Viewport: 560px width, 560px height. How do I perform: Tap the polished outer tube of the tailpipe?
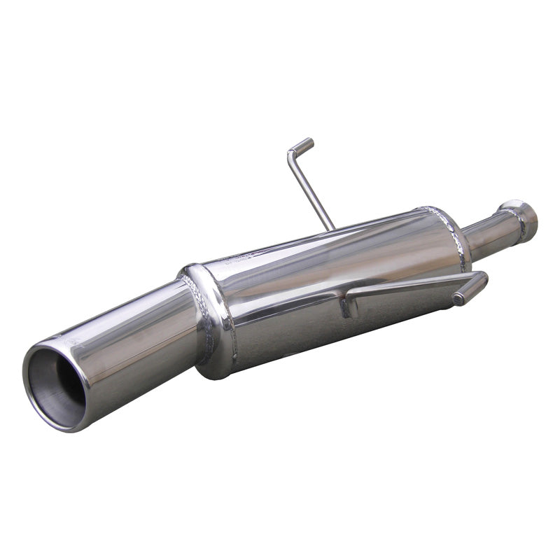(x=133, y=329)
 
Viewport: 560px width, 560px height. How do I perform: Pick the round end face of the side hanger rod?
(x=458, y=299)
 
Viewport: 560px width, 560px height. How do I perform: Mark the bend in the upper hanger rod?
(x=290, y=153)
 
